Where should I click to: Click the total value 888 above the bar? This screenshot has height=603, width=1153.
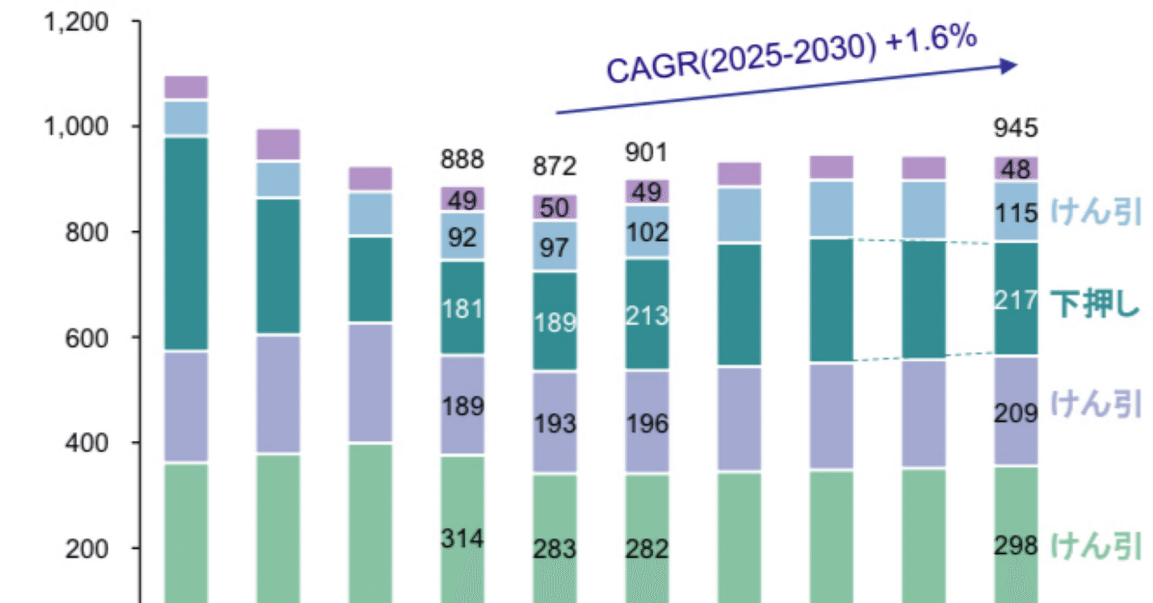pyautogui.click(x=462, y=160)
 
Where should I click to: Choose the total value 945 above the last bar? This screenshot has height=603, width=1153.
pyautogui.click(x=1015, y=129)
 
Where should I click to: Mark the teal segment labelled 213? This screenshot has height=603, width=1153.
pyautogui.click(x=646, y=315)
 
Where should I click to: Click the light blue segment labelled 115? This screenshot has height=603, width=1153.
pyautogui.click(x=1015, y=211)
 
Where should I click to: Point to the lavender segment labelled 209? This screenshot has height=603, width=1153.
pyautogui.click(x=1015, y=411)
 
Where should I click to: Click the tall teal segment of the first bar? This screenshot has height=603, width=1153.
pyautogui.click(x=186, y=244)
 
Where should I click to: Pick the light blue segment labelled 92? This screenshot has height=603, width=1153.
pyautogui.click(x=462, y=237)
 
